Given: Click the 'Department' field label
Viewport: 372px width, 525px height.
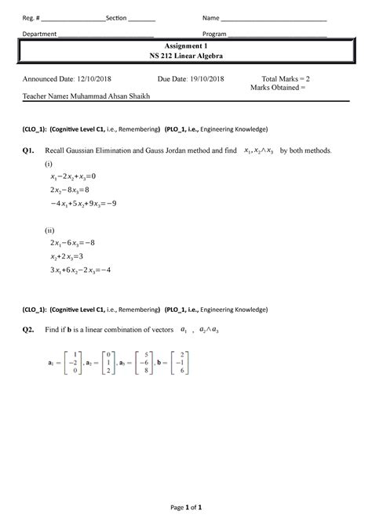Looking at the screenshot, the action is (38, 34).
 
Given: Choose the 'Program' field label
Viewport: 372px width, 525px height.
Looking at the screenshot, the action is (214, 34).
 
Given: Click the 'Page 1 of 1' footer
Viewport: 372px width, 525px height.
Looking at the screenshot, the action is (185, 507).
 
